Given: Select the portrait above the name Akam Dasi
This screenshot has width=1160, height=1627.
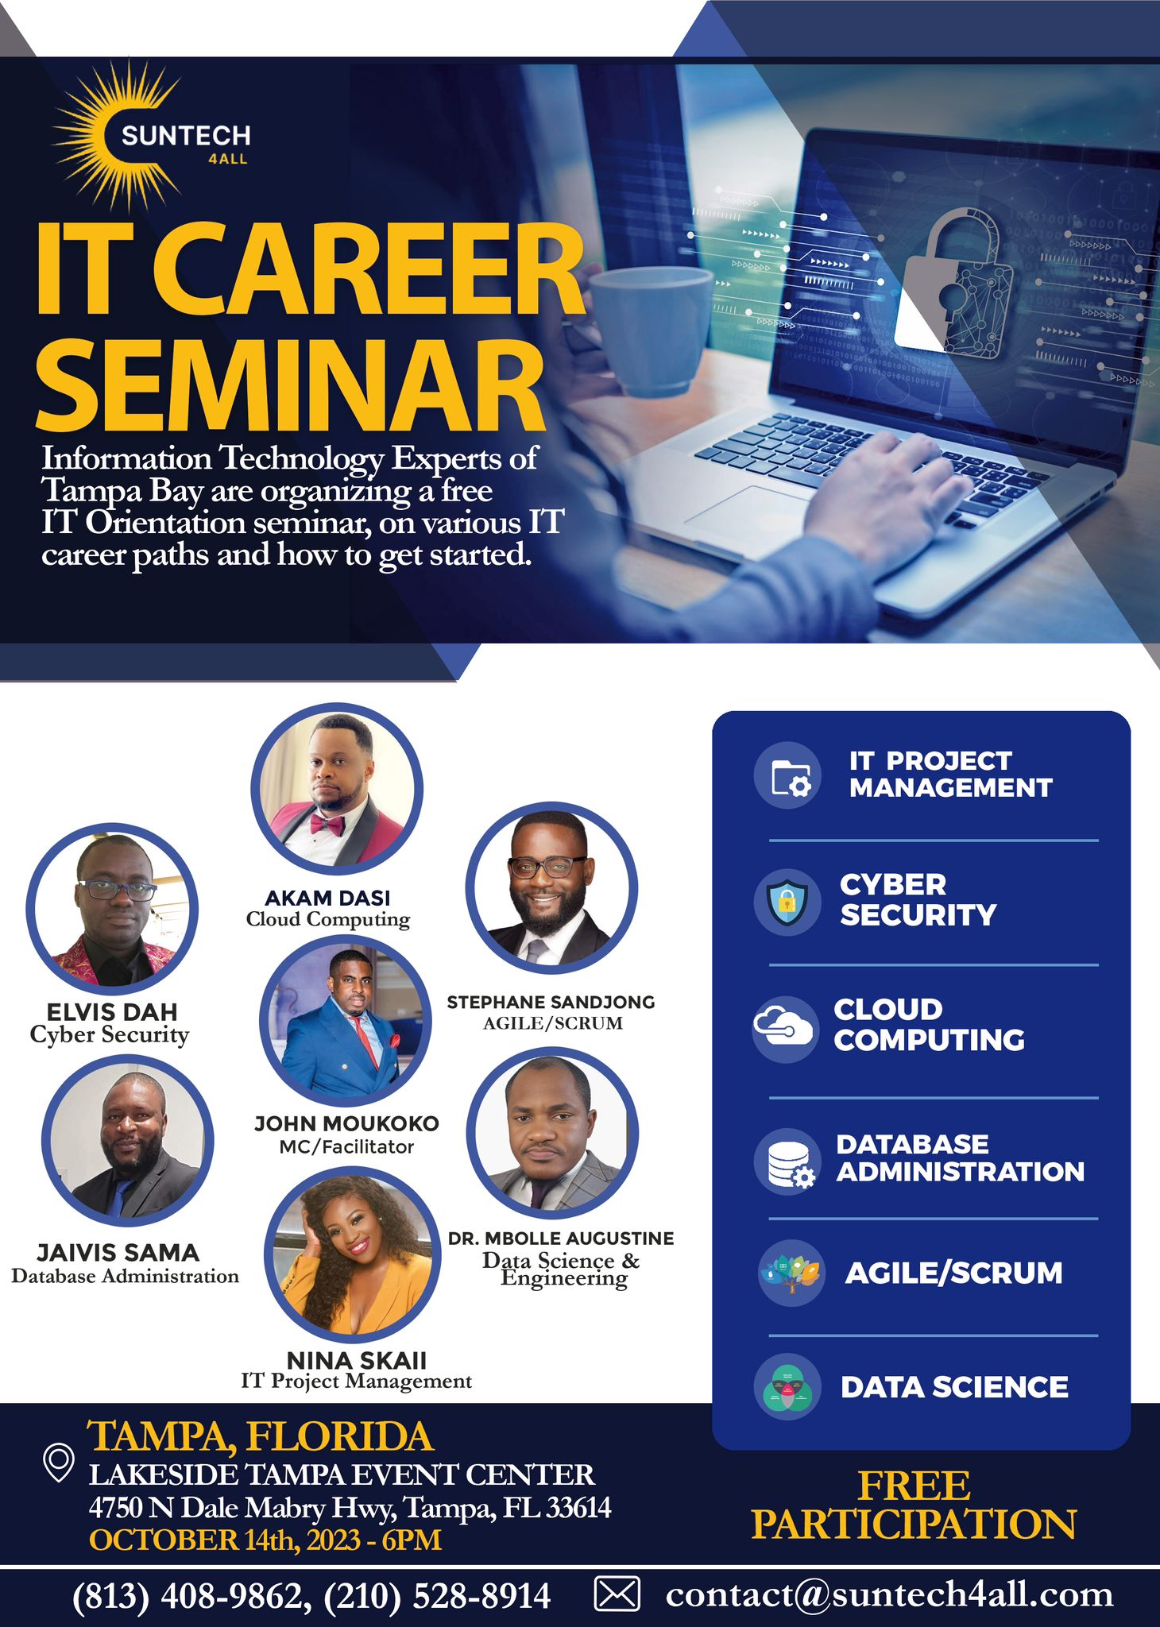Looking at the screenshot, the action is [337, 787].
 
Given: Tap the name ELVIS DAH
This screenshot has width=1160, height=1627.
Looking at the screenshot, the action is [112, 1011].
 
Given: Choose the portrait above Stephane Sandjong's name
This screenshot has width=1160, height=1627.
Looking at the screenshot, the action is [551, 887].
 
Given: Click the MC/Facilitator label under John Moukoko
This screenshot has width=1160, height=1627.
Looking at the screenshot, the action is [346, 1146].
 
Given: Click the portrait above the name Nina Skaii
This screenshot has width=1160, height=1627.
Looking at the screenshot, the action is [352, 1254].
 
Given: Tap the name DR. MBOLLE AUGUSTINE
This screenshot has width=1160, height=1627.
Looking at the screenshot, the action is [561, 1238].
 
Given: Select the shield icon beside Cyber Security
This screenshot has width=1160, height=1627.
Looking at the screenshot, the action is [787, 902].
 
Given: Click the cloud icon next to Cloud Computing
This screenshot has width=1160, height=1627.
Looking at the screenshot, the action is [783, 1027].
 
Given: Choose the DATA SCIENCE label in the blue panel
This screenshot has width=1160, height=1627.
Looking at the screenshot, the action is [954, 1387].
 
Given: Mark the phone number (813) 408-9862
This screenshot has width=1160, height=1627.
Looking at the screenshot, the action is [187, 1594].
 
